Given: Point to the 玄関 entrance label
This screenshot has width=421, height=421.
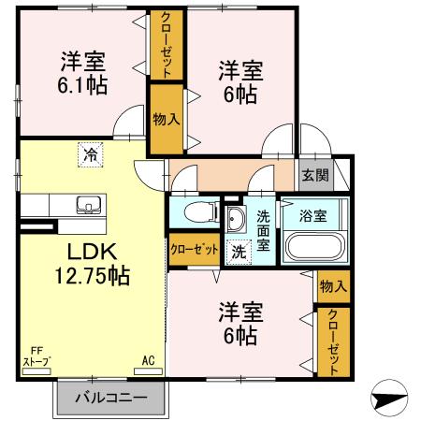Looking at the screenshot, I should click(x=312, y=174).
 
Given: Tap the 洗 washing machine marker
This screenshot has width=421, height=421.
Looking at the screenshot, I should click(x=240, y=250).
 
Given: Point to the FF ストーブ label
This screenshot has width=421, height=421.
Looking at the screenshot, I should click(x=36, y=358).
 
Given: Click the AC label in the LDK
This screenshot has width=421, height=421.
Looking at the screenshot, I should click(x=148, y=360).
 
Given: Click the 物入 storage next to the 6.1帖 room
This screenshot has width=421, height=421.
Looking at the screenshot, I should click(x=167, y=119).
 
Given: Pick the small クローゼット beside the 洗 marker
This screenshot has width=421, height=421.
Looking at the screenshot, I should click(x=194, y=249).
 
